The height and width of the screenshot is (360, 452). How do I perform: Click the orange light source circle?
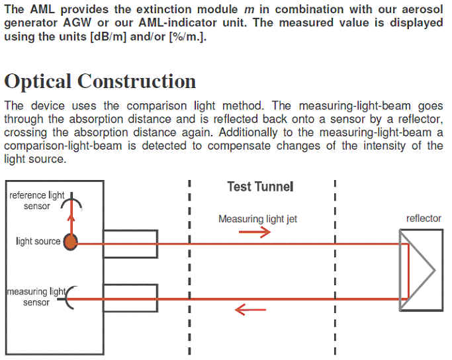click(x=70, y=242)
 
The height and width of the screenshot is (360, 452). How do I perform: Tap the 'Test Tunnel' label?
click(x=260, y=187)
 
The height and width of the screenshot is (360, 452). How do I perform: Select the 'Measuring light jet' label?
click(x=257, y=219)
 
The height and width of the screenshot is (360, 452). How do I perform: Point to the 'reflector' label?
click(x=424, y=218)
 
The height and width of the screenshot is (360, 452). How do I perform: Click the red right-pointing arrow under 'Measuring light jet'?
click(x=255, y=232)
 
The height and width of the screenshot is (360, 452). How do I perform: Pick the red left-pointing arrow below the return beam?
click(x=250, y=310)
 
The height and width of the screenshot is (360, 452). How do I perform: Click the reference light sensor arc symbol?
click(x=71, y=201)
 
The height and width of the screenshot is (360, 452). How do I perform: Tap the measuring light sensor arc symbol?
click(x=70, y=298)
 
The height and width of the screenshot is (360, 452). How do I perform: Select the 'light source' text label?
click(x=38, y=241)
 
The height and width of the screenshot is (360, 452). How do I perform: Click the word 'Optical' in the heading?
click(x=38, y=81)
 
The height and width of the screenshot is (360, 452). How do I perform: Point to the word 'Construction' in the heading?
click(x=136, y=81)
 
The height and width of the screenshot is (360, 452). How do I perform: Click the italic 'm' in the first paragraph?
click(x=249, y=10)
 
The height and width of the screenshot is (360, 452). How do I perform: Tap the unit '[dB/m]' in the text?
click(x=109, y=37)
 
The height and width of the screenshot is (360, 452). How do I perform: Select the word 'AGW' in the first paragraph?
click(x=77, y=22)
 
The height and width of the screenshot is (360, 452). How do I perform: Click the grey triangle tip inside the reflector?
click(x=434, y=271)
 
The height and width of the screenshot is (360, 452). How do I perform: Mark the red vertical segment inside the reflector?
click(x=408, y=271)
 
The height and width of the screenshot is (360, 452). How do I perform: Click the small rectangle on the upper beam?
click(x=130, y=244)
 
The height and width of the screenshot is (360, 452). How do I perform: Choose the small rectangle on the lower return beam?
click(x=130, y=298)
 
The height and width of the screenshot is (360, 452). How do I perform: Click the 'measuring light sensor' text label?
click(x=36, y=297)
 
